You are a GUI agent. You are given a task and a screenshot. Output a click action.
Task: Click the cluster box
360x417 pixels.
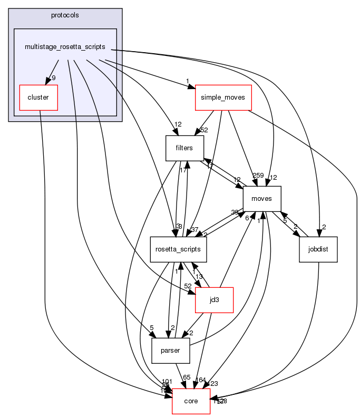point(38,97)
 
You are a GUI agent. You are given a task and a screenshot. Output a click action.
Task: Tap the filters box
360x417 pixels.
point(184,148)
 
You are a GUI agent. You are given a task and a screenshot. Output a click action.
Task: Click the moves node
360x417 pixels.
point(261,199)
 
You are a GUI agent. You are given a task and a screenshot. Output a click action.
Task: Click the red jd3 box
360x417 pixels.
point(214,300)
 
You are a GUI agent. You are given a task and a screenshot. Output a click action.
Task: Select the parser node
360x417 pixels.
point(170,351)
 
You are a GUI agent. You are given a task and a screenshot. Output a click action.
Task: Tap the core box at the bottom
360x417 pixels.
point(191,401)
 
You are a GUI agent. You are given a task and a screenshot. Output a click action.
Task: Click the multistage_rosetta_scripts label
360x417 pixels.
point(65,47)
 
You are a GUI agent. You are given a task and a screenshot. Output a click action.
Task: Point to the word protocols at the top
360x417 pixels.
point(65,15)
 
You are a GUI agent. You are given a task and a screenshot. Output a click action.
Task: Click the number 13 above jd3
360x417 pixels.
point(199,277)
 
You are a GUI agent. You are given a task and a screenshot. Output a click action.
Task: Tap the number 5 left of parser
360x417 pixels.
point(151,328)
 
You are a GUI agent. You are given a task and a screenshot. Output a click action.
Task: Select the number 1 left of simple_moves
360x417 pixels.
point(187,81)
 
